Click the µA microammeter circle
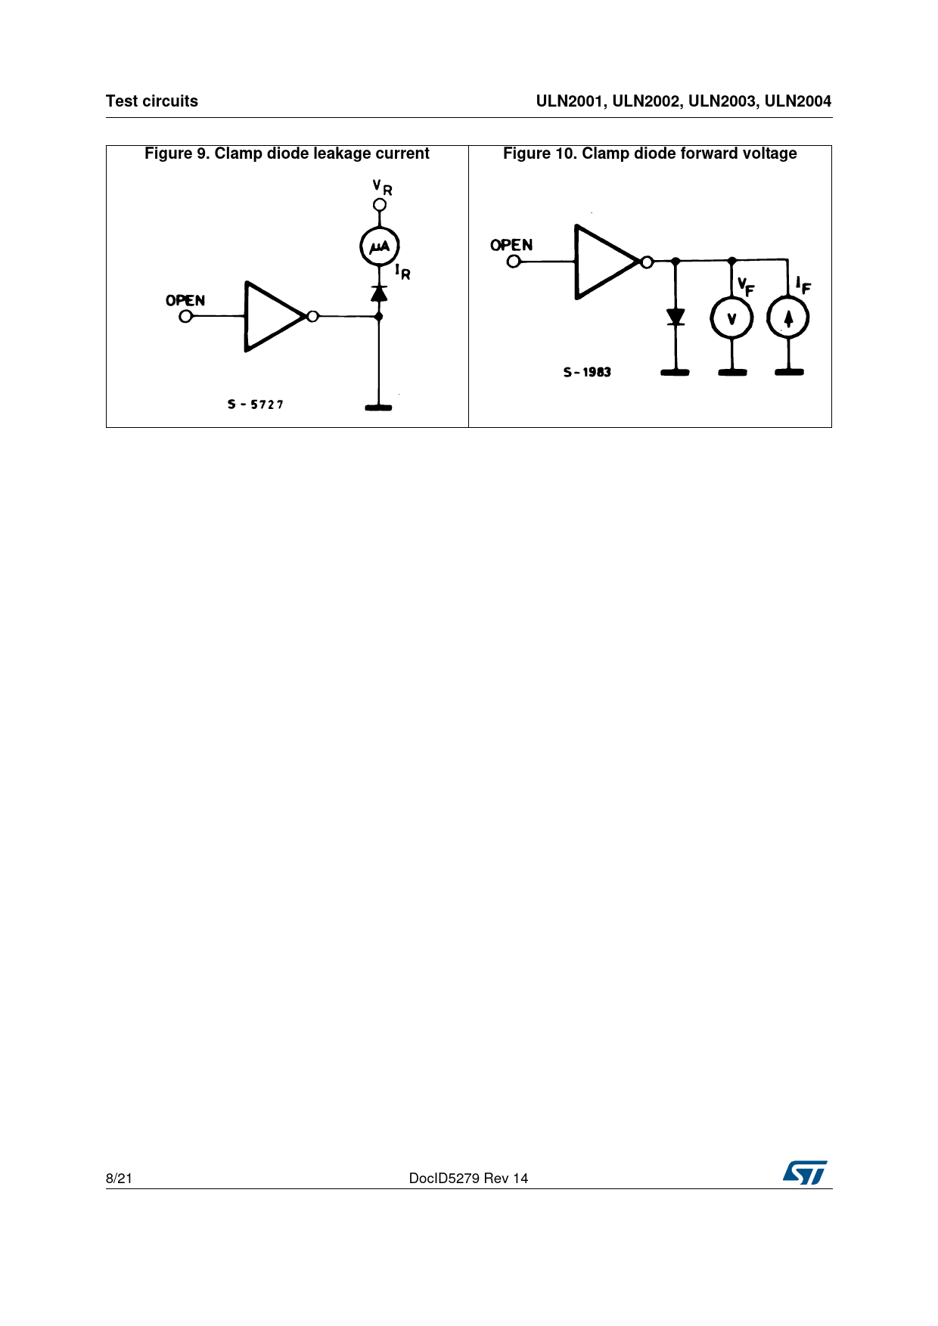pos(379,246)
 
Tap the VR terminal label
pos(383,187)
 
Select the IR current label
pos(402,271)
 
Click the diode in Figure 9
pos(379,293)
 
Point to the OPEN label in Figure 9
pos(185,300)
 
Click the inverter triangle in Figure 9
pos(275,317)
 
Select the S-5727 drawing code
pos(256,404)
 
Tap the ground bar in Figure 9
pos(378,408)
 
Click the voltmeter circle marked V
pos(731,318)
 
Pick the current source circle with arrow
pos(788,318)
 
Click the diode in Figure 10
pos(676,317)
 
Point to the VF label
pos(746,287)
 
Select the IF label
pos(803,285)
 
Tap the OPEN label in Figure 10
pos(511,245)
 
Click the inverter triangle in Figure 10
pos(607,262)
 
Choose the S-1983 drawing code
pos(587,372)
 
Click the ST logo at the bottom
pos(805,1173)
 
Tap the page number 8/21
pos(119,1179)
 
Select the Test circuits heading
pos(152,101)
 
